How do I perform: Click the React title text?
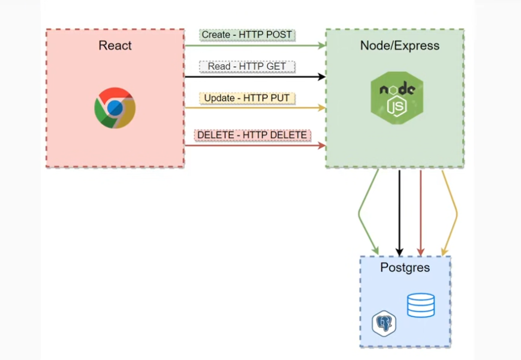115,46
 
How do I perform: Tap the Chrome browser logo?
115,108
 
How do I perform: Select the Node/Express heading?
399,46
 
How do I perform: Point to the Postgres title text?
405,268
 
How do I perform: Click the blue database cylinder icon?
420,305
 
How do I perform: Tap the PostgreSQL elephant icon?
384,323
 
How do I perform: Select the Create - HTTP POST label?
246,35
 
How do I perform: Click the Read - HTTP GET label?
247,66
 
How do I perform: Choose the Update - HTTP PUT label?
246,98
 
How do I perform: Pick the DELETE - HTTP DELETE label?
252,135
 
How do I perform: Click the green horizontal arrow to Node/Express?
255,46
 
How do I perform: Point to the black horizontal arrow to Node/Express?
255,77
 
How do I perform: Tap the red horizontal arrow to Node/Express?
255,145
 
